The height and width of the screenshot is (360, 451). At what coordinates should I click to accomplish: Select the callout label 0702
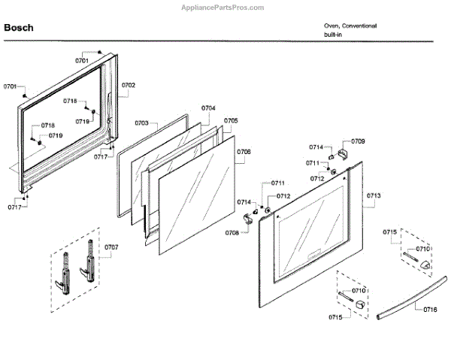pos(129,85)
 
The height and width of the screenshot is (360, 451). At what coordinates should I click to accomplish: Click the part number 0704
pos(208,107)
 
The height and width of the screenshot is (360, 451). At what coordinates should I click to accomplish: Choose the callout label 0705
pos(232,120)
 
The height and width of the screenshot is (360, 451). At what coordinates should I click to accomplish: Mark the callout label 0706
pos(244,152)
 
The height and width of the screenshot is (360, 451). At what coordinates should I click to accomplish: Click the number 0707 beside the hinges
pos(111,247)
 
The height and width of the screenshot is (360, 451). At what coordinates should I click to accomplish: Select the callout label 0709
pos(359,141)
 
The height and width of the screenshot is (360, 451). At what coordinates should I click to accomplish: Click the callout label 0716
pos(430,309)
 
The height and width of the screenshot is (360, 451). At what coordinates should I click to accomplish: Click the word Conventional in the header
pos(359,26)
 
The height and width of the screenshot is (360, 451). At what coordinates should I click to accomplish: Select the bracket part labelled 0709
pos(345,153)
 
